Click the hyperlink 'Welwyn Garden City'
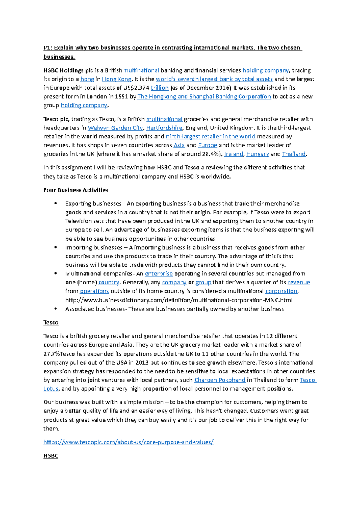[x=115, y=128]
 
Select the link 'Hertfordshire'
[x=164, y=128]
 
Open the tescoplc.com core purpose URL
[x=128, y=442]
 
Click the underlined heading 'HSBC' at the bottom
[x=51, y=456]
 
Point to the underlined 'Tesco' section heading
[x=51, y=323]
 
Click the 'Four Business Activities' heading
[x=76, y=190]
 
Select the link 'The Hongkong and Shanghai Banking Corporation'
[x=204, y=97]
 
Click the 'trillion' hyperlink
[x=160, y=88]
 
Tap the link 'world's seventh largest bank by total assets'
[x=214, y=79]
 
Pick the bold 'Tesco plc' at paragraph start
[x=56, y=119]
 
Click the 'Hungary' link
[x=257, y=154]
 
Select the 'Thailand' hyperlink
[x=294, y=154]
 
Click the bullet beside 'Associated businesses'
[x=55, y=309]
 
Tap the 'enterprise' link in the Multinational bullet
[x=159, y=274]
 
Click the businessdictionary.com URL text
[x=178, y=300]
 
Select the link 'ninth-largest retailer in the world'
[x=211, y=137]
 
